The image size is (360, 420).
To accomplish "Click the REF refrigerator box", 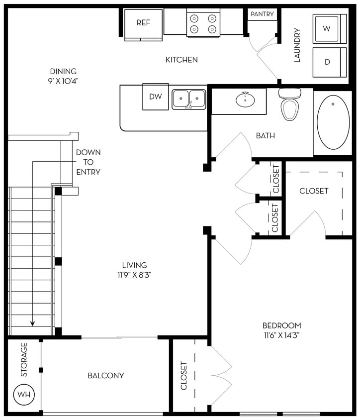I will (143, 23).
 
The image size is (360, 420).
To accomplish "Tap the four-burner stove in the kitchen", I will (203, 23).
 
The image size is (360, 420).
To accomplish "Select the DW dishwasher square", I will (156, 97).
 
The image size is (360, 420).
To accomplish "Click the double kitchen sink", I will (189, 99).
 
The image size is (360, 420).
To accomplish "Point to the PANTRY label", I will (262, 14).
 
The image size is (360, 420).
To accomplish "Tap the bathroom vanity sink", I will (245, 100).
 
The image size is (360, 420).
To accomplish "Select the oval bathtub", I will (333, 122).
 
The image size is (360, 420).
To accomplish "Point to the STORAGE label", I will (24, 359).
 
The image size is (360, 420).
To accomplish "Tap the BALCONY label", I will (106, 375).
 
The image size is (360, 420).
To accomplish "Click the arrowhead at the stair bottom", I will (33, 323).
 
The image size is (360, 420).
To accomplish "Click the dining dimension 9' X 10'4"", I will (63, 80).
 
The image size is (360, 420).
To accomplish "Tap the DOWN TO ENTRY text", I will (88, 162).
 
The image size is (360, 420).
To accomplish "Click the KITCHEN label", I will (181, 60).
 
